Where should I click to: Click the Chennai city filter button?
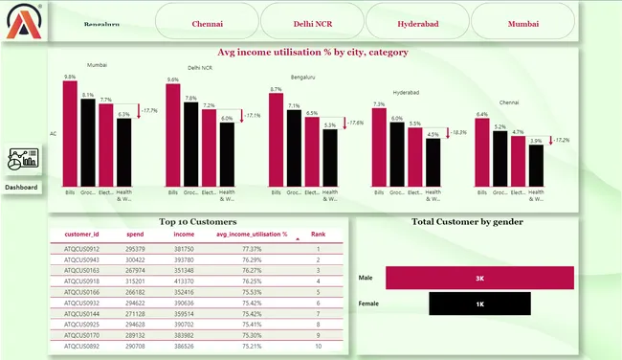point(207,21)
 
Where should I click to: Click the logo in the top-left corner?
point(21,21)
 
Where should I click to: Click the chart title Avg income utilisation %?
point(313,53)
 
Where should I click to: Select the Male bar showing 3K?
point(479,278)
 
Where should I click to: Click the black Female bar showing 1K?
point(479,304)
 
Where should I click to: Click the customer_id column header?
point(81,234)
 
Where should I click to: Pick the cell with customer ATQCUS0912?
point(81,248)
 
